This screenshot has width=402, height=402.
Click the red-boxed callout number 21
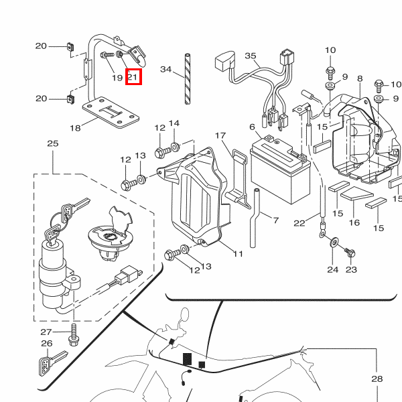[x=133, y=77]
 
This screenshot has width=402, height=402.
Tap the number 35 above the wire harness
[x=251, y=56]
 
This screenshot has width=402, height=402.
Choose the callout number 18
[x=75, y=127]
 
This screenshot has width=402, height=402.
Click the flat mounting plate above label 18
[x=111, y=111]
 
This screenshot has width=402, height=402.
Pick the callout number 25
[x=52, y=143]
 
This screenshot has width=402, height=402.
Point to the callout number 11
[x=238, y=254]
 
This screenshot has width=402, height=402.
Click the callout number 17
[x=220, y=136]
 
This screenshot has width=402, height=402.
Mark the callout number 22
[x=299, y=223]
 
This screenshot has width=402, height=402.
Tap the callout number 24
[x=333, y=270]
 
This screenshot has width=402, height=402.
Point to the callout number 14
[x=174, y=123]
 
